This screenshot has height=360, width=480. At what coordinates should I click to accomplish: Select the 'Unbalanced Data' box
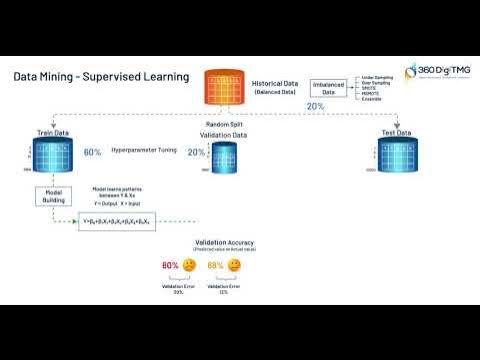pyautogui.click(x=333, y=89)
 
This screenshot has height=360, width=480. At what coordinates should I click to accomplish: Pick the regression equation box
pyautogui.click(x=117, y=221)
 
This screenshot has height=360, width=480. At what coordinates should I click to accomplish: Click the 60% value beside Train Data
pyautogui.click(x=93, y=152)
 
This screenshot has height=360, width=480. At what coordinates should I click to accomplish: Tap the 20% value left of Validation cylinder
pyautogui.click(x=196, y=153)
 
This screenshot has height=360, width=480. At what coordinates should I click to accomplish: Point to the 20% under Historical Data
pyautogui.click(x=315, y=106)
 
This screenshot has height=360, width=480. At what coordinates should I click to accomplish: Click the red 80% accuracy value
pyautogui.click(x=170, y=266)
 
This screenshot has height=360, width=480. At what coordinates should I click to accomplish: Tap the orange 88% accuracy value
pyautogui.click(x=215, y=266)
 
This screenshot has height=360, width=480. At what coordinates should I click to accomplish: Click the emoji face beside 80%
pyautogui.click(x=189, y=266)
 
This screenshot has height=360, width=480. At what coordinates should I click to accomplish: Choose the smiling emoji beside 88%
pyautogui.click(x=234, y=266)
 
